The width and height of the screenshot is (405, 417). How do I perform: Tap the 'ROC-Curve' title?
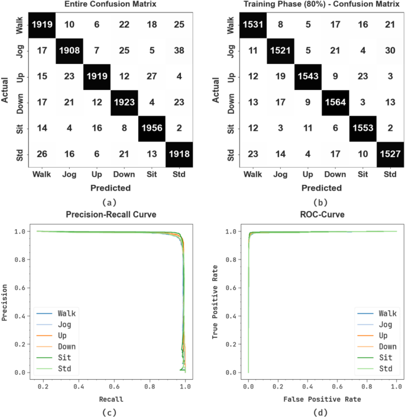point(321,214)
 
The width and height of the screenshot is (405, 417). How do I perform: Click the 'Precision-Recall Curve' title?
point(111,214)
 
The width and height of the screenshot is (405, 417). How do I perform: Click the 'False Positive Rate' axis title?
point(321,399)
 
